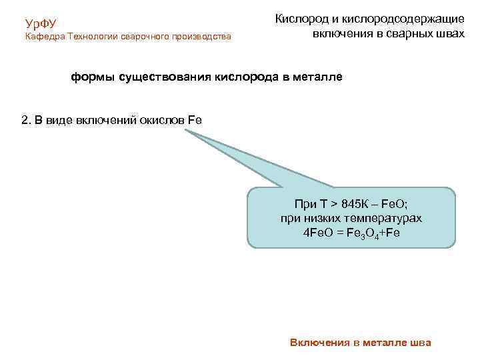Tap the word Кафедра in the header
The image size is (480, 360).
point(45,37)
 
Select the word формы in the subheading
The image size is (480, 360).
point(93,77)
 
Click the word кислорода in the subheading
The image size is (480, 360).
point(245,77)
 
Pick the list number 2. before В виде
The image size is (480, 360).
point(26,120)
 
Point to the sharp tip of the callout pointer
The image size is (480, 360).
point(187,131)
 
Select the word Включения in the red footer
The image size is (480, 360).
point(319,343)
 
